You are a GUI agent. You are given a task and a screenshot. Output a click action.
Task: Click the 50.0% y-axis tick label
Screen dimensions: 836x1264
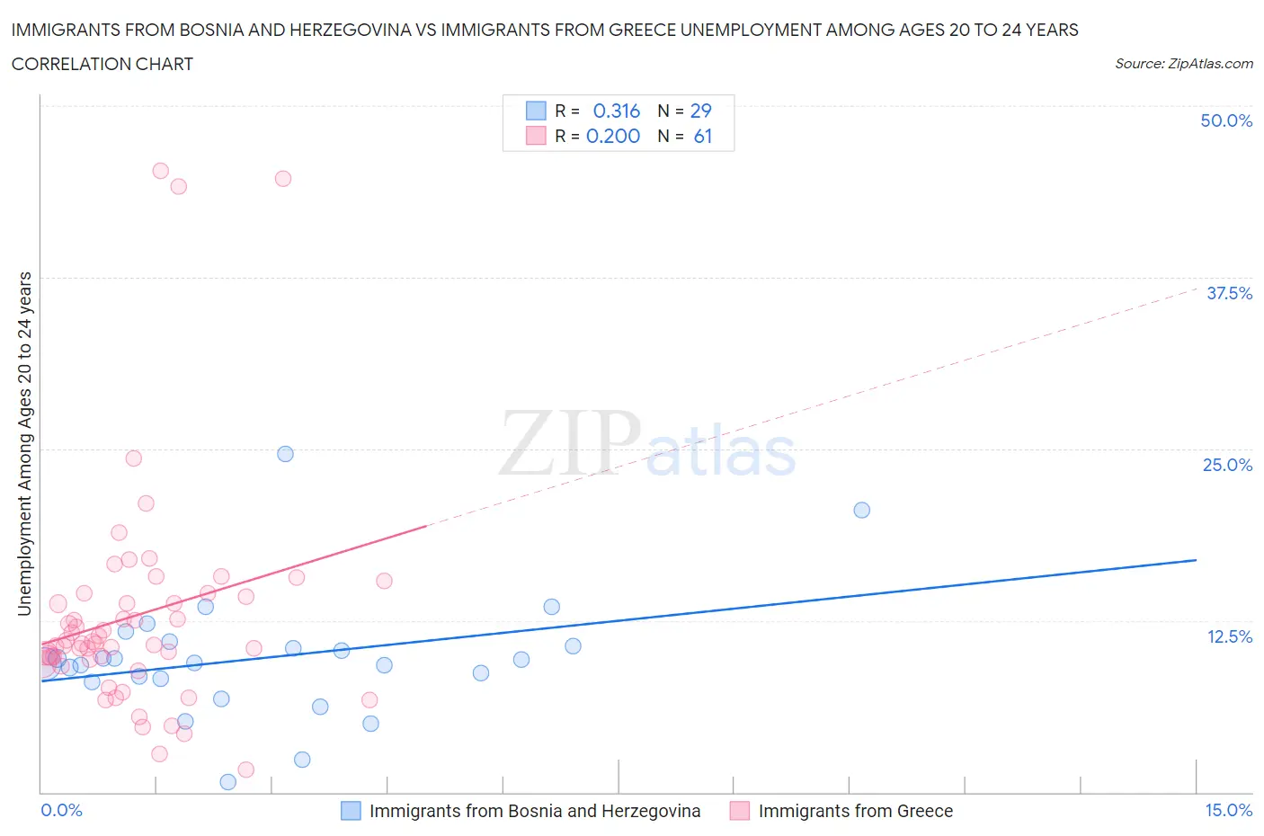(x=1226, y=120)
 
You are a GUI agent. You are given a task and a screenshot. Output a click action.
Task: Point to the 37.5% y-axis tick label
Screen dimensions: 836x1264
(x=1229, y=293)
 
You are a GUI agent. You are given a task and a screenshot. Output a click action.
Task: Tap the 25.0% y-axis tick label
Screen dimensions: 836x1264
(x=1227, y=465)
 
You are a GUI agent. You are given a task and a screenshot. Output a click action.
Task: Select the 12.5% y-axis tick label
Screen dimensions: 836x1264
(x=1229, y=636)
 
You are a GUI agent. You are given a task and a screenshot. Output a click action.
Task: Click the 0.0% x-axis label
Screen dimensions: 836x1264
(x=61, y=810)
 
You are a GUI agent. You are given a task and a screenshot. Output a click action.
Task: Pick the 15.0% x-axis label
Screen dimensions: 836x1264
(x=1228, y=810)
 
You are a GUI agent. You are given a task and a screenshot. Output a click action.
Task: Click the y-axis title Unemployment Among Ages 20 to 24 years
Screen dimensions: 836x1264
(x=24, y=444)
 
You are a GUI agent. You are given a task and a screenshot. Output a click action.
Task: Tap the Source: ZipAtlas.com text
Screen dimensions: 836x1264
(x=1183, y=63)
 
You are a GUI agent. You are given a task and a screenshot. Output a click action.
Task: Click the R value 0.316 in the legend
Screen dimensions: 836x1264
(x=617, y=111)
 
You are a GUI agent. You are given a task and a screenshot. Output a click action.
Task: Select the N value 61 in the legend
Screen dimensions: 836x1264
(x=703, y=136)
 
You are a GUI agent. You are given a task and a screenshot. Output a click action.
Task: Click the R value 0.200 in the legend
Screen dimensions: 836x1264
(x=613, y=136)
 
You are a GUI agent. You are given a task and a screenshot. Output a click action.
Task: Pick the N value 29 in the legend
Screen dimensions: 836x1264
(x=700, y=111)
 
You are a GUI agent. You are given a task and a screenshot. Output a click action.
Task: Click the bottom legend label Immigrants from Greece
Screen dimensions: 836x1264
(x=855, y=811)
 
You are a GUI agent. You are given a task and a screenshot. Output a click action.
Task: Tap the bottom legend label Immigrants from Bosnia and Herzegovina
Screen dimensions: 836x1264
(x=534, y=811)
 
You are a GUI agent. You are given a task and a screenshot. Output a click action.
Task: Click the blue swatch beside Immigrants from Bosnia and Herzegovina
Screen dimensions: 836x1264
(x=351, y=811)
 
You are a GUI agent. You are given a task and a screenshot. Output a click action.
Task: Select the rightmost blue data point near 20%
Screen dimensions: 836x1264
(x=861, y=510)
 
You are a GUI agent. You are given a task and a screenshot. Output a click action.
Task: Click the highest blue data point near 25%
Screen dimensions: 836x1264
(x=285, y=454)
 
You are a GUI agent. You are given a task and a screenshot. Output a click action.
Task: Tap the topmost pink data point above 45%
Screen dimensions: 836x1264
(x=160, y=171)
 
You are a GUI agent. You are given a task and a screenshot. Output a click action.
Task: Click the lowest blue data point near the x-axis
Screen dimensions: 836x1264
(x=227, y=782)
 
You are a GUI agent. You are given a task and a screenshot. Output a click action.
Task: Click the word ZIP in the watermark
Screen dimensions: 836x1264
(x=569, y=443)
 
